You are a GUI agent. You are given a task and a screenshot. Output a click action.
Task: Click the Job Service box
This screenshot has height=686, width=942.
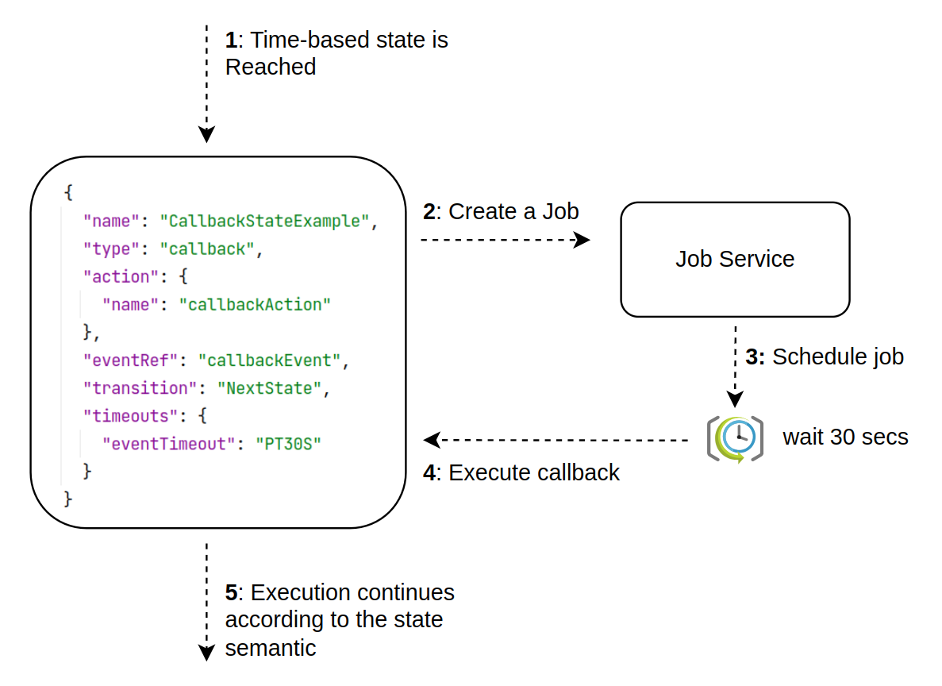point(734,259)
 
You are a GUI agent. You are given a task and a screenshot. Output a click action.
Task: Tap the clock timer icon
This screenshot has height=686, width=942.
point(735,437)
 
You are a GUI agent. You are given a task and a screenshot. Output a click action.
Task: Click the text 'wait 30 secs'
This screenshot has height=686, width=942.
point(845,437)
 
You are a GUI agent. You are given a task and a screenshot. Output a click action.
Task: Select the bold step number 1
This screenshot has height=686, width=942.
point(231,40)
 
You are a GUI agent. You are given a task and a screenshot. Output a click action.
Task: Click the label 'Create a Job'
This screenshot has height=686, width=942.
point(513,211)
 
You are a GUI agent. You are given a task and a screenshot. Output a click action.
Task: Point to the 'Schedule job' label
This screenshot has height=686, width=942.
point(837,356)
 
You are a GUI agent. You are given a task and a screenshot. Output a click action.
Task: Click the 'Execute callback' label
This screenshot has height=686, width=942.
point(533,472)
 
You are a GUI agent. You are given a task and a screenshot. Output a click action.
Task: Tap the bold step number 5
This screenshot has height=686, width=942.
point(231,593)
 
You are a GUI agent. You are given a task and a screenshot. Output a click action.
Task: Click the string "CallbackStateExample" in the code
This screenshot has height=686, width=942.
point(265,221)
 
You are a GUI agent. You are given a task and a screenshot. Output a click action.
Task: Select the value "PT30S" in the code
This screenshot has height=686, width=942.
point(289,443)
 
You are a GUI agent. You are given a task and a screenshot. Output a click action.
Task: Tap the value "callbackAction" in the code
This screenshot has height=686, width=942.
point(254,304)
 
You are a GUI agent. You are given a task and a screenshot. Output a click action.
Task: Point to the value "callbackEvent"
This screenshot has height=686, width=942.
point(269,360)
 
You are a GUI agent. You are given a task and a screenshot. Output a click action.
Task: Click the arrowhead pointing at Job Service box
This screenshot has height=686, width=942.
point(583,240)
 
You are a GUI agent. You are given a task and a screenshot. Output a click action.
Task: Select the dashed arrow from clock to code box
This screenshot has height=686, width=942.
point(556,439)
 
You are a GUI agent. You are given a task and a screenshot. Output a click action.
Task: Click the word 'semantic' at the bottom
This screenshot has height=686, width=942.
point(271,648)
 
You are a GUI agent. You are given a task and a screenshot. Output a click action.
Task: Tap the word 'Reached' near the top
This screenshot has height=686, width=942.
point(271,67)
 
